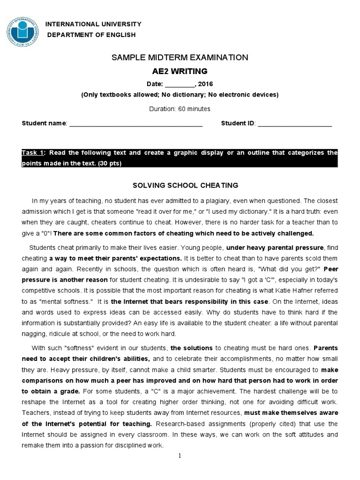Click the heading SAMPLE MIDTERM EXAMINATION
click(x=180, y=58)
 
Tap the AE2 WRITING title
click(x=180, y=71)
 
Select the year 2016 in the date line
click(x=205, y=84)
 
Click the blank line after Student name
click(x=135, y=124)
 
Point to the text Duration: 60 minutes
click(x=180, y=109)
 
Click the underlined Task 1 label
click(x=33, y=153)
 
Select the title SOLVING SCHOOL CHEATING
click(x=180, y=185)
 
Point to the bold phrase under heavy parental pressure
click(x=275, y=247)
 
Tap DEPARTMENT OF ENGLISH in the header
click(x=91, y=35)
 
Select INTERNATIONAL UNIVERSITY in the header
click(x=92, y=24)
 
